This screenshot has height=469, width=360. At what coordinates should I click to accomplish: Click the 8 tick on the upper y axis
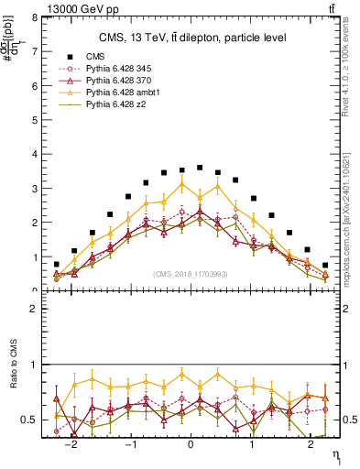pos(34,17)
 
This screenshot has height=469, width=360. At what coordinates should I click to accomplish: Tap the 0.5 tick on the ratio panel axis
pos(30,420)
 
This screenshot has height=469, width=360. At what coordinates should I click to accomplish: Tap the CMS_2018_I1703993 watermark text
pos(190,274)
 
